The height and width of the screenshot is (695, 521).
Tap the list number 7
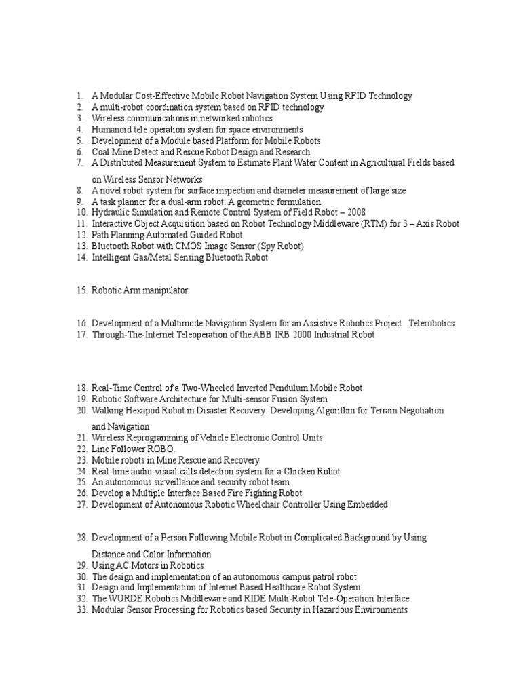[79, 163]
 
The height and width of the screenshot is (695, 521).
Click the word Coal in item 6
[101, 152]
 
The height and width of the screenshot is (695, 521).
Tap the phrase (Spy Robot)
[277, 246]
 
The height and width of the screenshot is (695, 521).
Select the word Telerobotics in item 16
[431, 324]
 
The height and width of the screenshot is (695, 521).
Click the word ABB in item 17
[268, 335]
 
